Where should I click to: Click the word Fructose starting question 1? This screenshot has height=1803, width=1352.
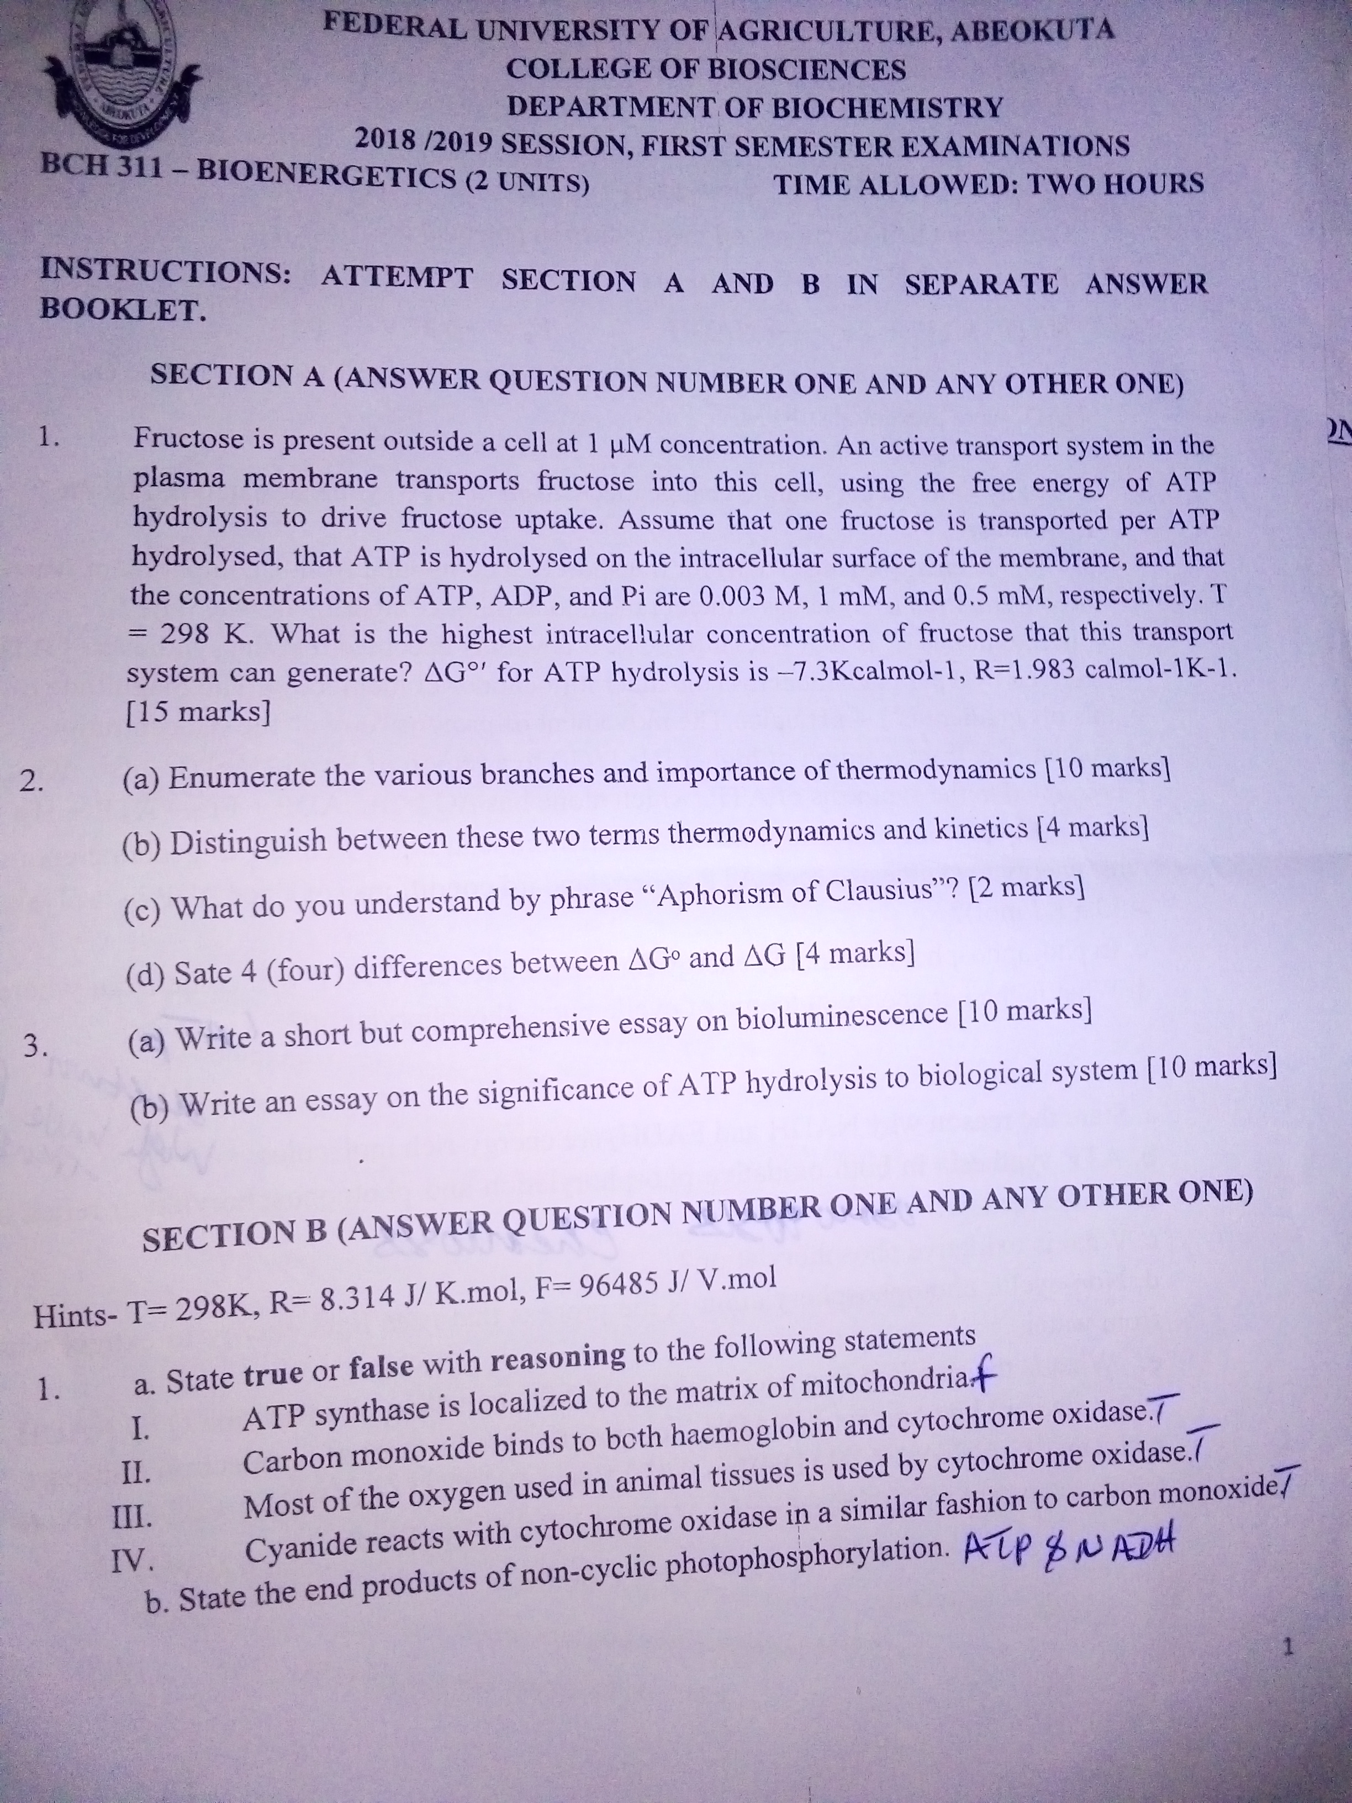click(185, 440)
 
